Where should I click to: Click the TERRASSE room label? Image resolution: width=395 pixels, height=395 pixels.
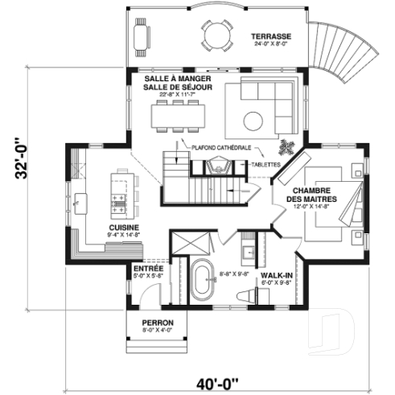pyautogui.click(x=270, y=37)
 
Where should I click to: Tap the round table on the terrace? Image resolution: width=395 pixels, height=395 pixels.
pyautogui.click(x=216, y=36)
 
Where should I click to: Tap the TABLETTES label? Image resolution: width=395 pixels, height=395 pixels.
pyautogui.click(x=265, y=164)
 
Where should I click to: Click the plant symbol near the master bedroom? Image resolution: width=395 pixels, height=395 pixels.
pyautogui.click(x=287, y=148)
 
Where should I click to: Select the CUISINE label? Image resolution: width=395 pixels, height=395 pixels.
pyautogui.click(x=124, y=228)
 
